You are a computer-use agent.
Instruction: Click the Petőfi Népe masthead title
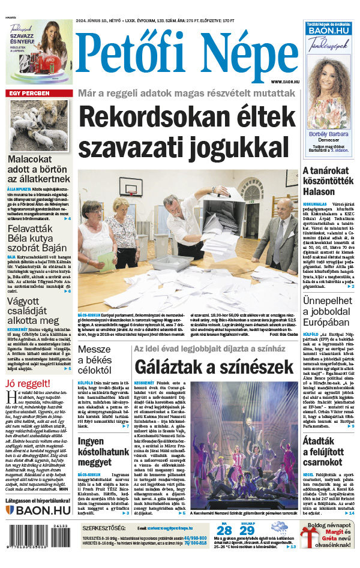pos(188,56)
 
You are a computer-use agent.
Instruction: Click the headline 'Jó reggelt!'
pos(28,383)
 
